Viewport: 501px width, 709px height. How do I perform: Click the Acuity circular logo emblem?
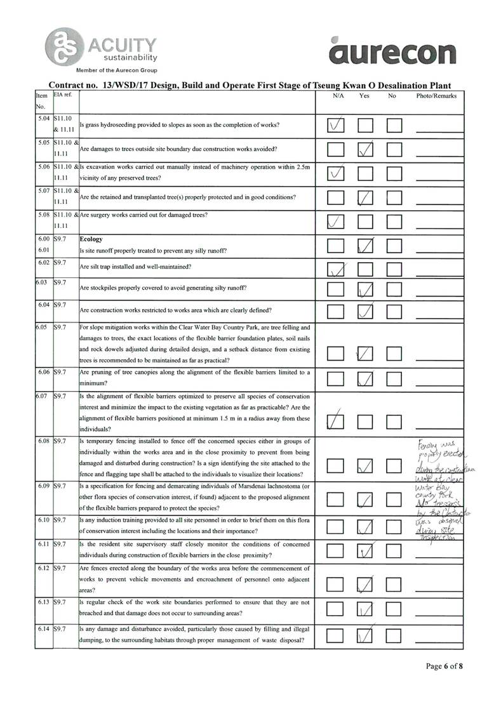pos(61,46)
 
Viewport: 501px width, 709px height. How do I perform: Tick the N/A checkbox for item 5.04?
pos(336,125)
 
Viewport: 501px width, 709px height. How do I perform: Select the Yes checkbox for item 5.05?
pos(365,150)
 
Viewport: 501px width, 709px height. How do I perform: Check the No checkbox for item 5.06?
pos(394,173)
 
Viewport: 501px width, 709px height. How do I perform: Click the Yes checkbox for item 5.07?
pos(365,197)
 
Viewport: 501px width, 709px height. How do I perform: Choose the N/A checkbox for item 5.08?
pos(336,222)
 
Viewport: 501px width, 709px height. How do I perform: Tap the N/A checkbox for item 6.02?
pos(336,269)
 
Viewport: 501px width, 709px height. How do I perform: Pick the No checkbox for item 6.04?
pos(394,312)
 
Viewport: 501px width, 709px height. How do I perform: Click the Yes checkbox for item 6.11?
pos(365,550)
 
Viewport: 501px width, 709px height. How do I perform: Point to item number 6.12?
pos(44,568)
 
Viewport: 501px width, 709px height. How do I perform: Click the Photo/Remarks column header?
pos(436,95)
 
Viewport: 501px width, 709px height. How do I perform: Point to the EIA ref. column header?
pos(63,95)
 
